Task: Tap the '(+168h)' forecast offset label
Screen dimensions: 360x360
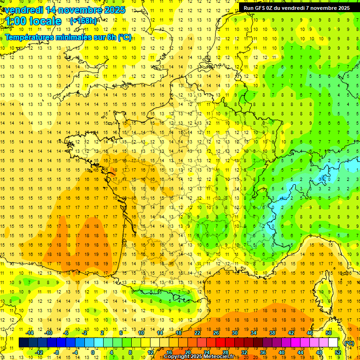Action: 83,21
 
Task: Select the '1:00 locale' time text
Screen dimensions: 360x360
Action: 32,21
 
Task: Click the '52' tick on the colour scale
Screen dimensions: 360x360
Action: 338,352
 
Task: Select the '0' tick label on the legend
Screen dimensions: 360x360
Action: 93,352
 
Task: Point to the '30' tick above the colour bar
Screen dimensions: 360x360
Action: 234,333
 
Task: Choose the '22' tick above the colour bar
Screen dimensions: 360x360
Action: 197,333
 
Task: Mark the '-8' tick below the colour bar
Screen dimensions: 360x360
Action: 56,352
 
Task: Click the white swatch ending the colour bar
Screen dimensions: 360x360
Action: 333,343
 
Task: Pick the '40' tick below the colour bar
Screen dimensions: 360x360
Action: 281,352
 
